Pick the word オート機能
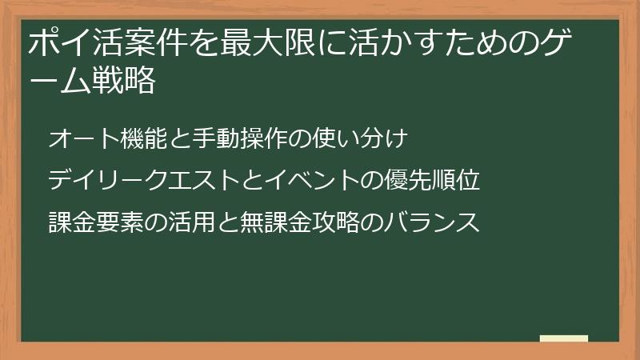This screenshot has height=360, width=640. pyautogui.click(x=98, y=139)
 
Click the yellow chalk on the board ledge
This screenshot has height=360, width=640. pyautogui.click(x=563, y=338)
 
